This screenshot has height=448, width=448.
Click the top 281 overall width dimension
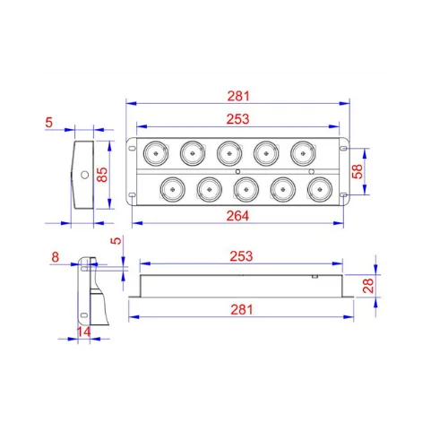[238, 95]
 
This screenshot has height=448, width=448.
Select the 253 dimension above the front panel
[238, 118]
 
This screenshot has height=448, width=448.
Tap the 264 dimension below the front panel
[238, 215]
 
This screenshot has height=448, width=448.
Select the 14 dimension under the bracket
[84, 332]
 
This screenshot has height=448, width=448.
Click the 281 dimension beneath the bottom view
[238, 310]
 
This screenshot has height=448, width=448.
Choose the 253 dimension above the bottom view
[238, 256]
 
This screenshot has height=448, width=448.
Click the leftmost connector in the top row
[155, 154]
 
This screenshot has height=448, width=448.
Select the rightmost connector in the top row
[305, 154]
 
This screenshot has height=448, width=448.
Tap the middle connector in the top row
[229, 154]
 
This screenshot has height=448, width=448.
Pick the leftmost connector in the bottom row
[171, 189]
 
